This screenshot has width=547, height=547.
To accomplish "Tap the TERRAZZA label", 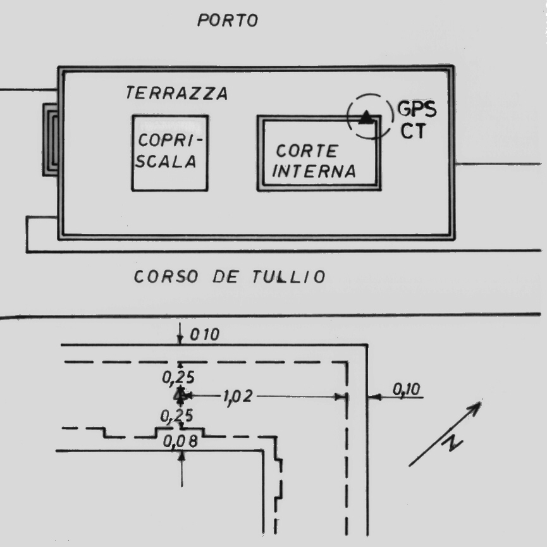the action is pos(176,94).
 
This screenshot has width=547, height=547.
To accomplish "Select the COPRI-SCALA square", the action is pos(169,152).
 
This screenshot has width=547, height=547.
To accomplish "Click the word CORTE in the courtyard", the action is pos(307,151).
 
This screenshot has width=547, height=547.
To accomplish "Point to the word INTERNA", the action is pos(317,171).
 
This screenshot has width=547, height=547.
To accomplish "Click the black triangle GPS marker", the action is pos(366,116).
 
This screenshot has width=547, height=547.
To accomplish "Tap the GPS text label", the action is pos(416,111).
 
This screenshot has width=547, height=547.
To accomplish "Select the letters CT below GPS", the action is pos(413,132).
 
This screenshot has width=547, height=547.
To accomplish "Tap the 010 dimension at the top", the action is pos(204,335).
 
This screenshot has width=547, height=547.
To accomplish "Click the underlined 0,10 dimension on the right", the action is pos(406,391).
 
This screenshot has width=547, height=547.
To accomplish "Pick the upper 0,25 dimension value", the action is pos(178,378).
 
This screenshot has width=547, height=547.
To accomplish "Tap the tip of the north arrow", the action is pos(480,402).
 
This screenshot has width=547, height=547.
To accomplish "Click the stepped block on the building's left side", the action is pos(51,140).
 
